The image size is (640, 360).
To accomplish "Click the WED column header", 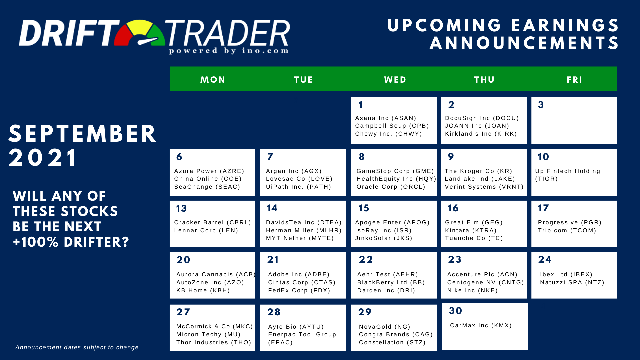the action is coord(395,80).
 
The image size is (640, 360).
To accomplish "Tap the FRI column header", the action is coord(574,80).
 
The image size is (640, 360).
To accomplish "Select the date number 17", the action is coord(543,208).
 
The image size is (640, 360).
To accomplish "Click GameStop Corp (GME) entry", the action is coord(395,171).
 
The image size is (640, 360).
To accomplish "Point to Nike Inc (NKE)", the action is coord(472,290).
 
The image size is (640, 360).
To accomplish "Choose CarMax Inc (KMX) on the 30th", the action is coord(481,325).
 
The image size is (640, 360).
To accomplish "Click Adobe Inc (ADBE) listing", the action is coord(299,274).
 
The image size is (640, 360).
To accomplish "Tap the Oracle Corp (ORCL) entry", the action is coord(391,187).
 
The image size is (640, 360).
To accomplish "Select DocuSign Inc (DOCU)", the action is coord(482,118).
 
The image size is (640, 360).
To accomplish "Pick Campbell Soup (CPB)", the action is coord(392,126).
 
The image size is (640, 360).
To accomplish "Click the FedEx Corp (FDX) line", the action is coord(299,290).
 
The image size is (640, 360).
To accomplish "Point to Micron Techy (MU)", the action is coord(208,334).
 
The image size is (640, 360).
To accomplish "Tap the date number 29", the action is coord(365,312).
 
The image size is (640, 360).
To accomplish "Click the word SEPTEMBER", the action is coord(82,134).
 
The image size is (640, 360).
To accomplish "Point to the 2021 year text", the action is coord(43,157).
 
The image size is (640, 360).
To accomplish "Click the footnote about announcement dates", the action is coord(78,347).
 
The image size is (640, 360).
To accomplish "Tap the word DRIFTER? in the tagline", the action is coord(96,242).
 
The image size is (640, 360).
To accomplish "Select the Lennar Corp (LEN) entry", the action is coord(206,230).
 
